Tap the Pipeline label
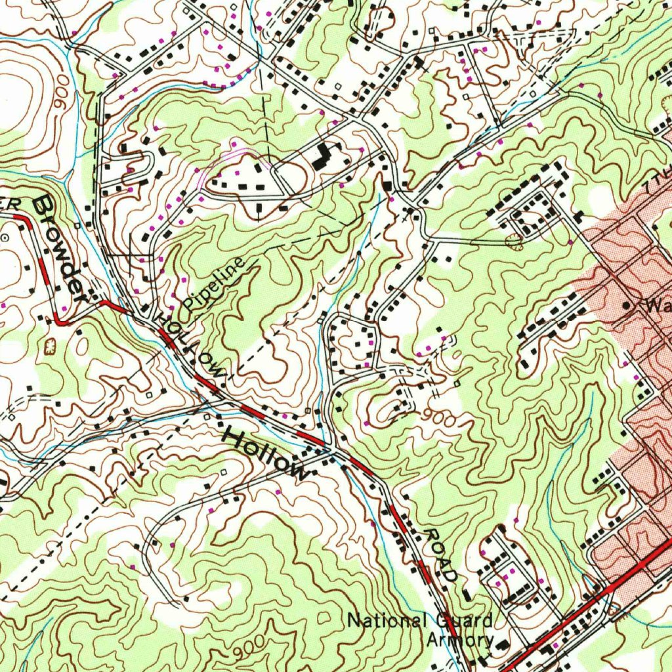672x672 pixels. click(x=214, y=284)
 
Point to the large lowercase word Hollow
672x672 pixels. click(x=265, y=453)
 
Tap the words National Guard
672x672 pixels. click(x=419, y=620)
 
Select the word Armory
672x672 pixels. click(x=460, y=640)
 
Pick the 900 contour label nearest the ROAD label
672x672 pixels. click(x=438, y=417)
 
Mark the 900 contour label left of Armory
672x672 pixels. click(x=247, y=646)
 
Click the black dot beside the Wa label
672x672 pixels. click(x=627, y=305)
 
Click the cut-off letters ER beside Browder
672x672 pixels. click(x=9, y=205)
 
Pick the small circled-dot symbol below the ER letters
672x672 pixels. click(x=6, y=239)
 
